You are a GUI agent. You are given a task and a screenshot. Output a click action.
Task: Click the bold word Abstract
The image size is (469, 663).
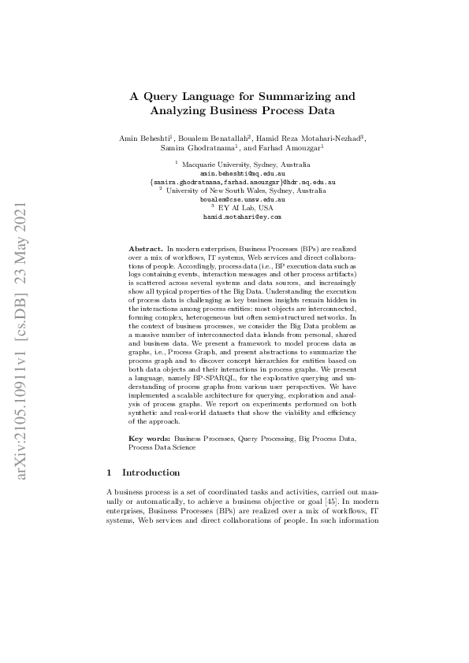[146, 248]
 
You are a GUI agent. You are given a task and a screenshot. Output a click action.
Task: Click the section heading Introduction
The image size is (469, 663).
[152, 473]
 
